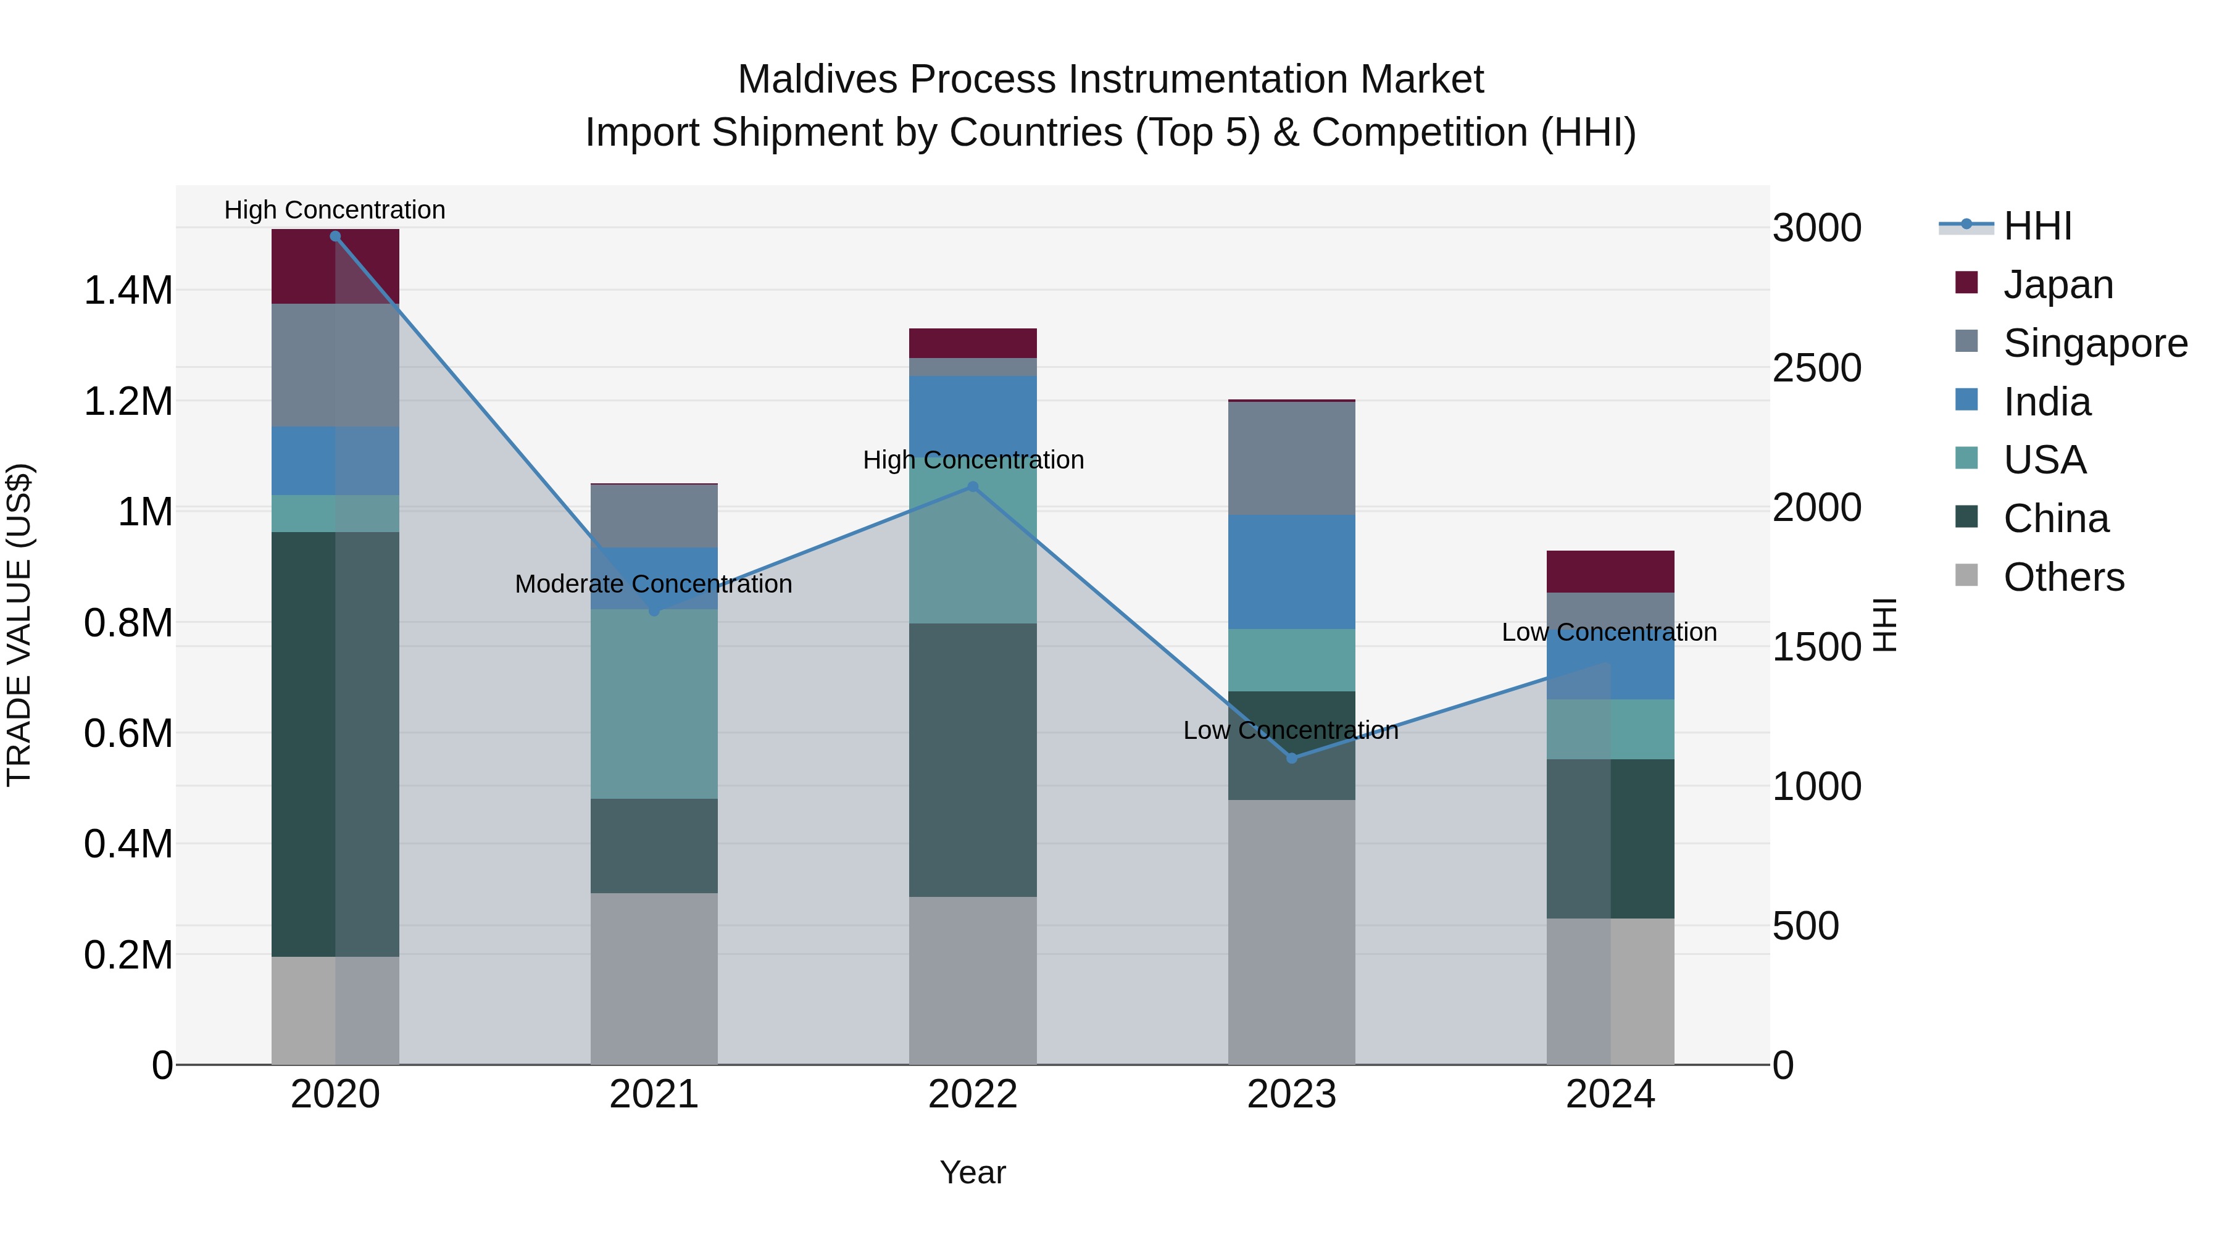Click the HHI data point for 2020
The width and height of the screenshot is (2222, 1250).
click(336, 236)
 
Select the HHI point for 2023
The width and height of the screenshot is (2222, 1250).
click(1291, 758)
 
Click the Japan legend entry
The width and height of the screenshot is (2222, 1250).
click(2057, 285)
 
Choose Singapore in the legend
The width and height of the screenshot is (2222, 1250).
click(2094, 343)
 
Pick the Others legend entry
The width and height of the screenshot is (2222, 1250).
click(2063, 577)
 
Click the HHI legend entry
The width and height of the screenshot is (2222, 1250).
click(2037, 226)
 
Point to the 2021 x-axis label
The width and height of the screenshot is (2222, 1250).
click(654, 1094)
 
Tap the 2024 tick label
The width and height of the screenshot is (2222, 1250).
click(1610, 1094)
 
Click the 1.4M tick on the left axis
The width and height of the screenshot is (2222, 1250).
click(128, 291)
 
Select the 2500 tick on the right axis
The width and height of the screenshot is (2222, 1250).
click(1816, 369)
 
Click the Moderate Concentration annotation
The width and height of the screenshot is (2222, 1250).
click(653, 584)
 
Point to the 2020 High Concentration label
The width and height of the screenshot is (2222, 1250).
click(335, 210)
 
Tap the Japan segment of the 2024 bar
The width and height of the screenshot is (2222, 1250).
click(1610, 571)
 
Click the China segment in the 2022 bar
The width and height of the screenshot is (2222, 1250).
click(973, 759)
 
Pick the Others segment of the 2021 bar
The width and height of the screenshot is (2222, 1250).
click(654, 978)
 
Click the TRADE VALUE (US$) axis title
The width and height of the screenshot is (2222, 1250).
click(19, 625)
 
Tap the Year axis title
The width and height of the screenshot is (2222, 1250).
click(973, 1172)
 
